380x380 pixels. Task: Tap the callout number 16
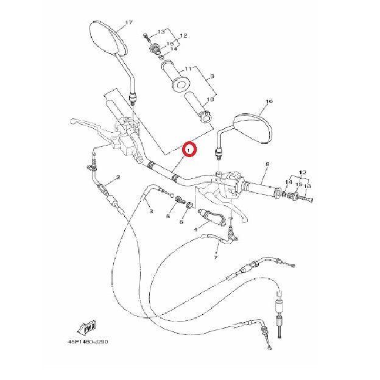pos(270,102)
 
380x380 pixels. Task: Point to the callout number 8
pos(267,165)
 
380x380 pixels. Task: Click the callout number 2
pos(118,177)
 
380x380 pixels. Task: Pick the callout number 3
pos(151,211)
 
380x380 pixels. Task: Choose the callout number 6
pos(181,222)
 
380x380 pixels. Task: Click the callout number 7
pos(216,258)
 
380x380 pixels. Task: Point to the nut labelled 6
pos(189,205)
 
